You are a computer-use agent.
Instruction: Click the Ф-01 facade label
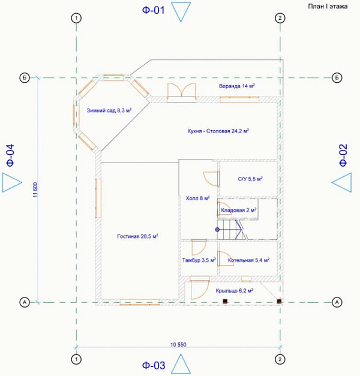tap(154, 10)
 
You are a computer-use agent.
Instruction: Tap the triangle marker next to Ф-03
tap(181, 364)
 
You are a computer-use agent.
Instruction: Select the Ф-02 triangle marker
tap(342, 182)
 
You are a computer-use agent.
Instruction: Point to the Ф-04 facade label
tap(10, 155)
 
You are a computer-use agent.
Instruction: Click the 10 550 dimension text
tap(178, 345)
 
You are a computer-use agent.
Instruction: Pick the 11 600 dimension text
tap(35, 189)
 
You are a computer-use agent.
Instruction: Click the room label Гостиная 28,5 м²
tap(137, 236)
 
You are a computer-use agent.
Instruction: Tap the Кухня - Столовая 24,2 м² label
tap(218, 131)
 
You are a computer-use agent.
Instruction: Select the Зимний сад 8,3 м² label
tap(109, 110)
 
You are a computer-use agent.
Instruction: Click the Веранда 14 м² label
tap(236, 86)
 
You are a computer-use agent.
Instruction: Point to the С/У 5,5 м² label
tap(250, 179)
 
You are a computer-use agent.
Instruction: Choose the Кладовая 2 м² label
tap(239, 210)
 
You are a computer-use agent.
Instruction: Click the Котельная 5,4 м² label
tap(248, 260)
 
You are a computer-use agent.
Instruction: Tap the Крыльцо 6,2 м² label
tap(235, 291)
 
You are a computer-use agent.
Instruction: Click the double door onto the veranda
tap(181, 92)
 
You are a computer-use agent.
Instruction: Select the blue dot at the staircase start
tap(217, 230)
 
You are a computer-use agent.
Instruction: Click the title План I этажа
tap(328, 6)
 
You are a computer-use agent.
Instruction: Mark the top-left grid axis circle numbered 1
tap(76, 18)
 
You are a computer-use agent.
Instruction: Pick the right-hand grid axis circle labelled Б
tap(337, 78)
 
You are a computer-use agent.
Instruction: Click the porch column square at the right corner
tap(279, 301)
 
